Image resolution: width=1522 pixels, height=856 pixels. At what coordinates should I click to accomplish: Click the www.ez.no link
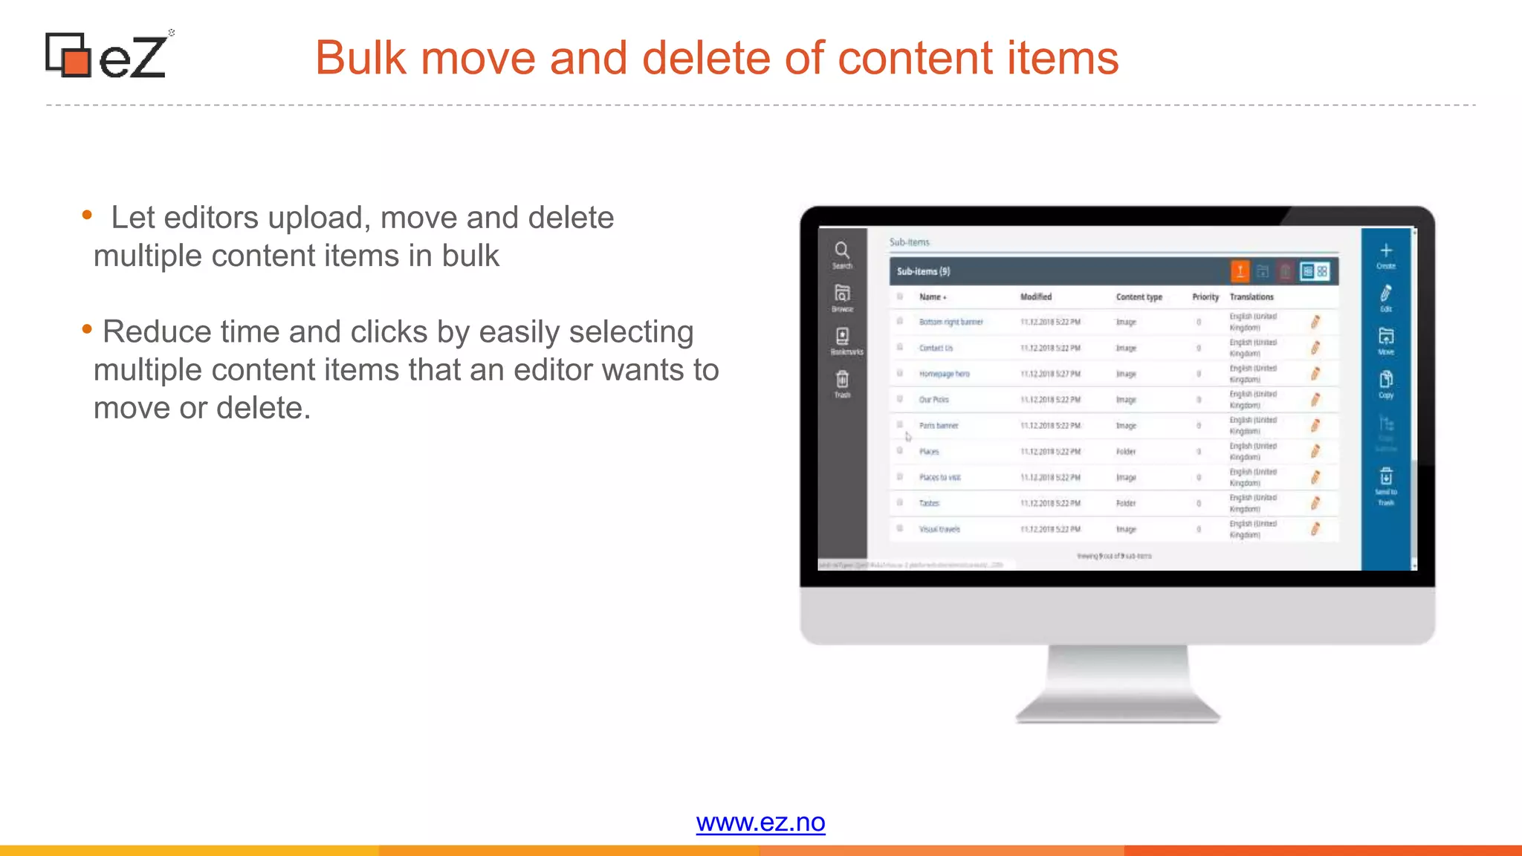[x=760, y=823]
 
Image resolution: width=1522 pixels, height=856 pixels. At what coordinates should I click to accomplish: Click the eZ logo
[x=108, y=55]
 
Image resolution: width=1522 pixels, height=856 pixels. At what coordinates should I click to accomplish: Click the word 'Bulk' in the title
[x=360, y=58]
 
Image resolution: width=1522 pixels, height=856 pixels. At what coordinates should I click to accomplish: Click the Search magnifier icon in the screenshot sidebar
[x=842, y=250]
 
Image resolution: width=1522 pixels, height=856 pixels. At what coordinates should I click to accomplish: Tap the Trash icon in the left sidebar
[x=842, y=380]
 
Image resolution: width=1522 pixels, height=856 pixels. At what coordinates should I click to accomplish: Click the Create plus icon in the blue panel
[x=1386, y=251]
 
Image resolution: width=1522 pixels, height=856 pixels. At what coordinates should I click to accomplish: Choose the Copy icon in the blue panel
[x=1386, y=380]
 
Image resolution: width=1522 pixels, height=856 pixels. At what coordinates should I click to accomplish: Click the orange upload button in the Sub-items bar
[x=1240, y=271]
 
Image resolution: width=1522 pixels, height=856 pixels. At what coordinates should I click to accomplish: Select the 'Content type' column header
[x=1139, y=297]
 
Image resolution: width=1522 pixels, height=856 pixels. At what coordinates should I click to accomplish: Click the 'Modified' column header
[x=1036, y=297]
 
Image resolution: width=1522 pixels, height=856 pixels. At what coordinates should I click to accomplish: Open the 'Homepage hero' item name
[x=944, y=374]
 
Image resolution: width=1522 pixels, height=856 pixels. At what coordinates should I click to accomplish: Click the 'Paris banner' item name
[x=939, y=426]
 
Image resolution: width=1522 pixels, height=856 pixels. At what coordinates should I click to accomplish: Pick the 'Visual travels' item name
[x=939, y=530]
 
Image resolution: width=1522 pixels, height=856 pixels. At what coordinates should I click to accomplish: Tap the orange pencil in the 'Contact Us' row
[x=1315, y=348]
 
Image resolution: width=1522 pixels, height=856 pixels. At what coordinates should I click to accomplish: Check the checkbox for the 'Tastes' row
[x=900, y=503]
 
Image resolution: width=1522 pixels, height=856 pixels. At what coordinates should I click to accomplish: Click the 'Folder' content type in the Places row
[x=1126, y=452]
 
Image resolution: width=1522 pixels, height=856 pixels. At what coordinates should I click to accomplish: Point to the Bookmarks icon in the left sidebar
[x=843, y=337]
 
